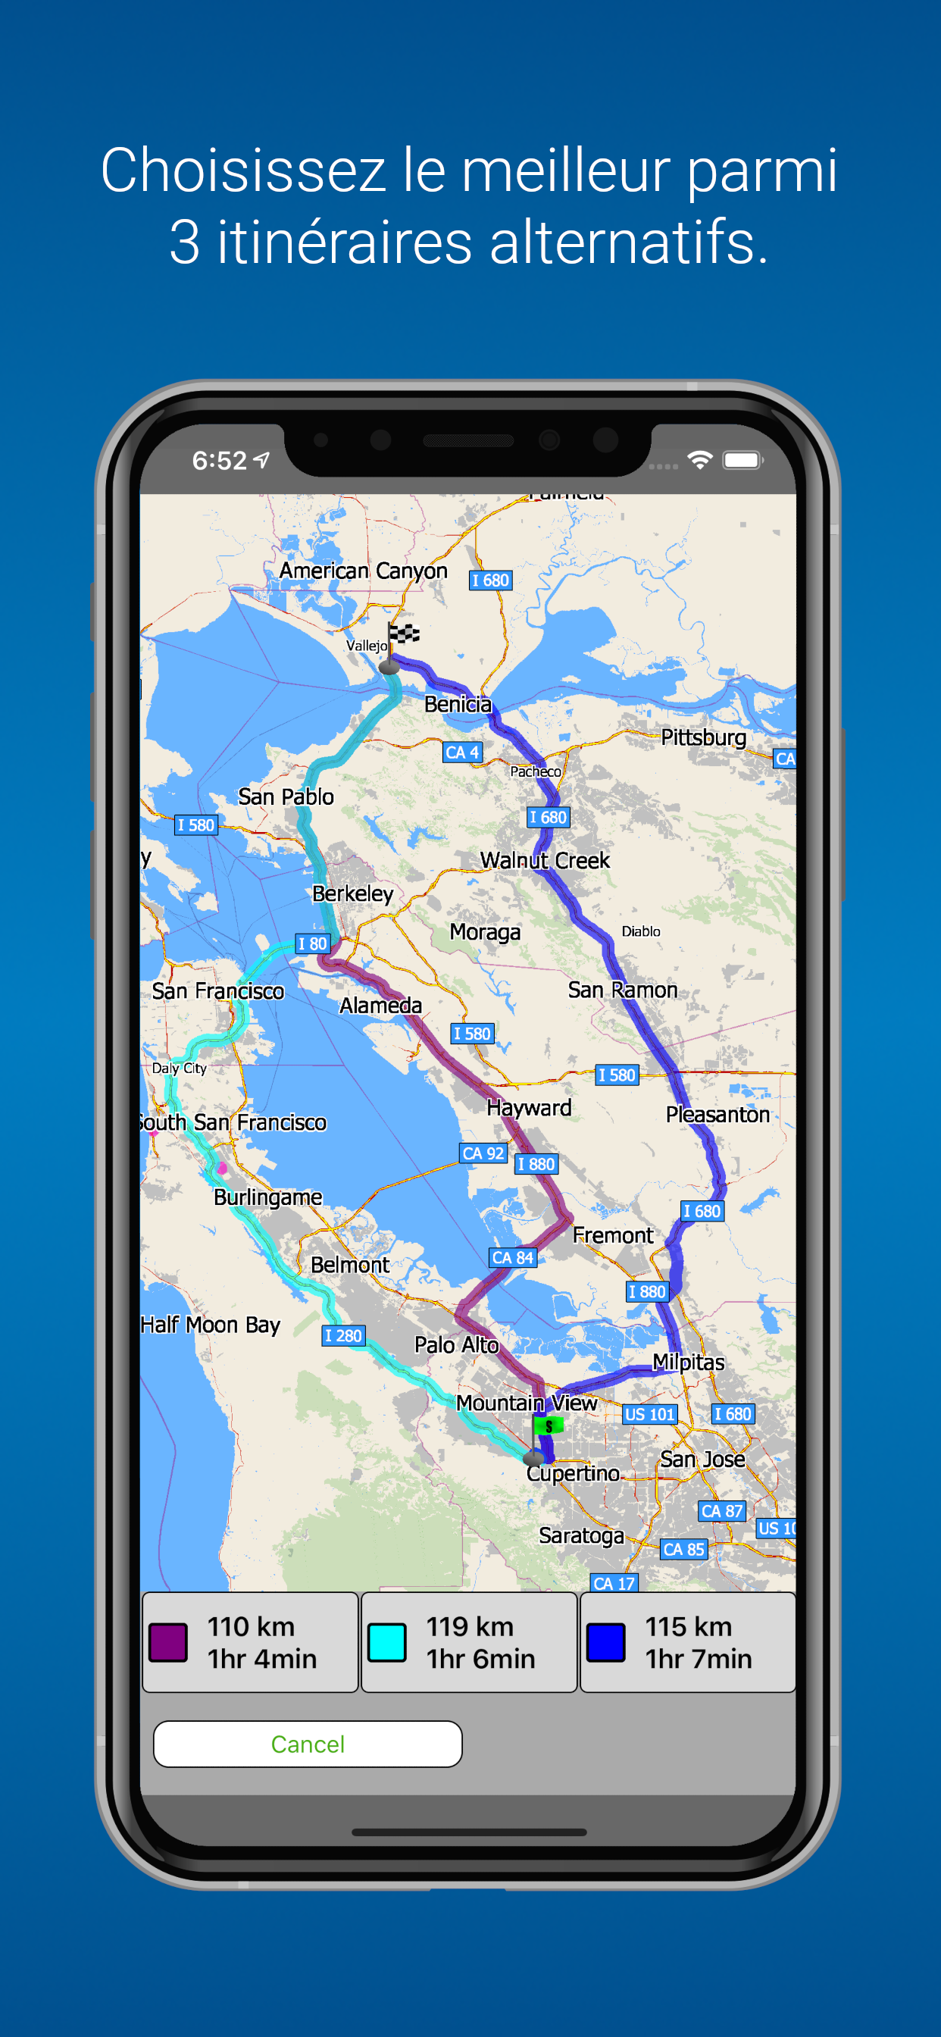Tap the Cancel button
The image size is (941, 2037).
(308, 1743)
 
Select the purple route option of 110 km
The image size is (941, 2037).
(250, 1641)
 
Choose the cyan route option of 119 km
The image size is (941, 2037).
(469, 1641)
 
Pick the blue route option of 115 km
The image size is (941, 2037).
(688, 1641)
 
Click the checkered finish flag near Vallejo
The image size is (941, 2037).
(403, 633)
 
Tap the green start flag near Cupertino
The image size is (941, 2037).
(548, 1425)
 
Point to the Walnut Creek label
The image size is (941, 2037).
(545, 859)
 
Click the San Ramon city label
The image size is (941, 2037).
(622, 989)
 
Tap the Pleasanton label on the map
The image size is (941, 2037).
(717, 1114)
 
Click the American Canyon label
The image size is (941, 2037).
(363, 570)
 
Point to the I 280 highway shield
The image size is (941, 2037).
(343, 1335)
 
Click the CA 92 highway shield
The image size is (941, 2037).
(483, 1153)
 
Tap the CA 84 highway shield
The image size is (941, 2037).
(512, 1257)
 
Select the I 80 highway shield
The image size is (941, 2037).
(312, 943)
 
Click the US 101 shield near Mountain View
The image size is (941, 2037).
(650, 1414)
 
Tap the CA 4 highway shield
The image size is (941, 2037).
(462, 752)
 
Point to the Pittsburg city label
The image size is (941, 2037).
(703, 737)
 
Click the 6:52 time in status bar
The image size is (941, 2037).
(220, 460)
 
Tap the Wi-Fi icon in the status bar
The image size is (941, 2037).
(700, 459)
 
